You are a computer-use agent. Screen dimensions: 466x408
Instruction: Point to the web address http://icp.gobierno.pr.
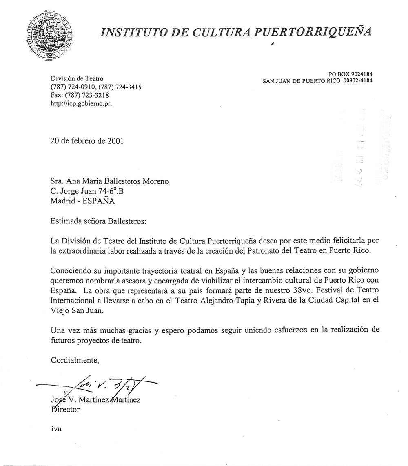point(81,104)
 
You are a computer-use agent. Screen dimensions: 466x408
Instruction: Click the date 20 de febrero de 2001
point(86,141)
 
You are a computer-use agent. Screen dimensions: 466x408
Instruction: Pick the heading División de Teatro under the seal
point(77,78)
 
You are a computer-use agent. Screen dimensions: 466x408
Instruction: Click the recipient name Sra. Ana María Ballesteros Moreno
point(109,181)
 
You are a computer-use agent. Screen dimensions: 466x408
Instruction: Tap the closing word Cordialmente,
point(75,360)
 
